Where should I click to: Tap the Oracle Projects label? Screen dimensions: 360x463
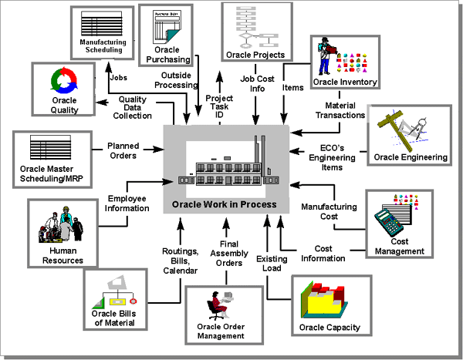(x=255, y=55)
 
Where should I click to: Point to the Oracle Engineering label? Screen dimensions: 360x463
(x=411, y=157)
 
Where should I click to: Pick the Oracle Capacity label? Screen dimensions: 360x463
(x=330, y=328)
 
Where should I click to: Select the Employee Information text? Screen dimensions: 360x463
(x=127, y=204)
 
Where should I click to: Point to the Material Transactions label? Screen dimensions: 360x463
(x=340, y=110)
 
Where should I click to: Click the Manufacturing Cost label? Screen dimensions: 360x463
(x=329, y=212)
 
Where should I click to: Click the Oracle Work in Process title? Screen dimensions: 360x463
(x=225, y=206)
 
